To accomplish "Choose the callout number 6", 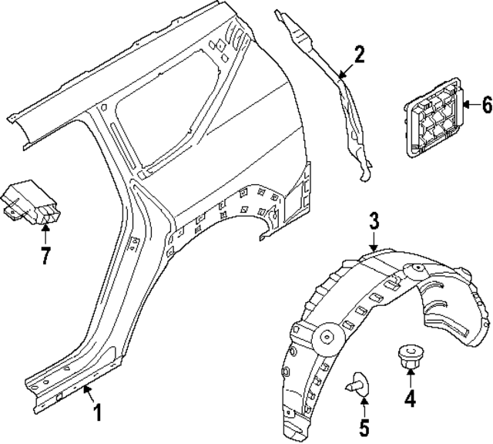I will point(486,105).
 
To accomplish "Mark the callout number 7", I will point(45,256).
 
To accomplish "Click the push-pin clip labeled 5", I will point(357,382).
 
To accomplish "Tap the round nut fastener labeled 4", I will point(409,357).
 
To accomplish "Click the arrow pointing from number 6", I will point(470,105).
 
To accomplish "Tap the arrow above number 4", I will point(409,378).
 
